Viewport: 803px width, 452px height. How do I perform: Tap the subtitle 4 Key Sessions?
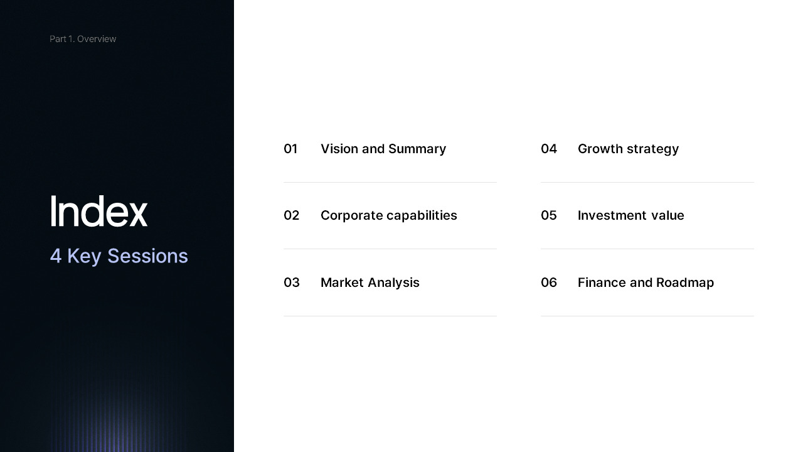click(x=119, y=256)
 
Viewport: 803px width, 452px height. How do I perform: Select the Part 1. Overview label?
click(x=83, y=39)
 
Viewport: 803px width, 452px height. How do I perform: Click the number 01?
click(x=290, y=149)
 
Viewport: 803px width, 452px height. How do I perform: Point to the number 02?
click(x=291, y=215)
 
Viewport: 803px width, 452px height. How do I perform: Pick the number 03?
click(x=291, y=282)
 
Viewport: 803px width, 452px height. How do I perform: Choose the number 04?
click(x=549, y=149)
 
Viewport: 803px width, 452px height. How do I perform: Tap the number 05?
click(x=549, y=215)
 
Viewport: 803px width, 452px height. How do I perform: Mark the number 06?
click(x=549, y=282)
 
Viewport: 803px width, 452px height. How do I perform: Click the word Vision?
click(x=339, y=149)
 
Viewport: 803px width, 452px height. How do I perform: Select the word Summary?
click(x=417, y=149)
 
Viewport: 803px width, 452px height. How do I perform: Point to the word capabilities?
click(x=422, y=215)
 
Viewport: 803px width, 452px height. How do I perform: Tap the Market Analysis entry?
click(x=370, y=282)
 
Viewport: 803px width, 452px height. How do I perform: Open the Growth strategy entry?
click(x=628, y=149)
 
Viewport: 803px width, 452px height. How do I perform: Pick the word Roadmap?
click(x=685, y=282)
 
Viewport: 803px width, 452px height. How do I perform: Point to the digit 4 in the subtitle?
click(x=56, y=256)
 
